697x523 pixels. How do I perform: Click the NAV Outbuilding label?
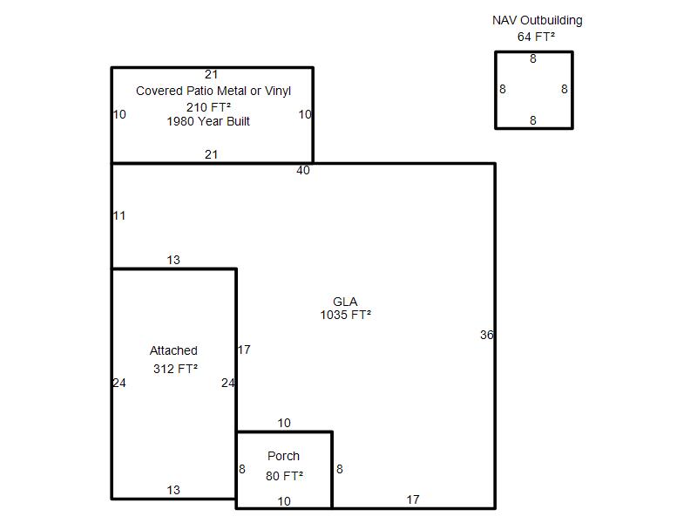pos(537,20)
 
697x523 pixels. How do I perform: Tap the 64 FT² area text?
pos(536,37)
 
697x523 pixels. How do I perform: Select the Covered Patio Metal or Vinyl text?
pos(213,91)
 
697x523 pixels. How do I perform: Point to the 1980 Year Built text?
pos(208,121)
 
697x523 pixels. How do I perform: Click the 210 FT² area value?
pos(208,107)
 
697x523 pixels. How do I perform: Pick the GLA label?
pos(345,302)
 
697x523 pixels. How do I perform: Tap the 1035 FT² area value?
pos(345,315)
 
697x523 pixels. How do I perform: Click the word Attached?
pos(173,350)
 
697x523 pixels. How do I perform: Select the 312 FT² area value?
pos(175,369)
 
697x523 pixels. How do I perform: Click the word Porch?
pos(284,456)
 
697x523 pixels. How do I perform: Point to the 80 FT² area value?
pos(285,476)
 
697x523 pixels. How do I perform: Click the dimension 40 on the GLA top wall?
pos(303,170)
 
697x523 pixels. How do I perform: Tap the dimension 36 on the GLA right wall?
pos(487,335)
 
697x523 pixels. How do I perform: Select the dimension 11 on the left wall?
pos(119,215)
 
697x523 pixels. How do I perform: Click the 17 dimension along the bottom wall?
pos(413,499)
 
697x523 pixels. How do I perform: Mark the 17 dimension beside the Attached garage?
pos(244,350)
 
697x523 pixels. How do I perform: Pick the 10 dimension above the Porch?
pos(284,423)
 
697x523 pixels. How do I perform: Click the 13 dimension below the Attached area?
pos(173,490)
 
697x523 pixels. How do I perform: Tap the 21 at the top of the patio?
pos(211,74)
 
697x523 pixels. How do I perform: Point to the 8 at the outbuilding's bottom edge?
pos(533,120)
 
